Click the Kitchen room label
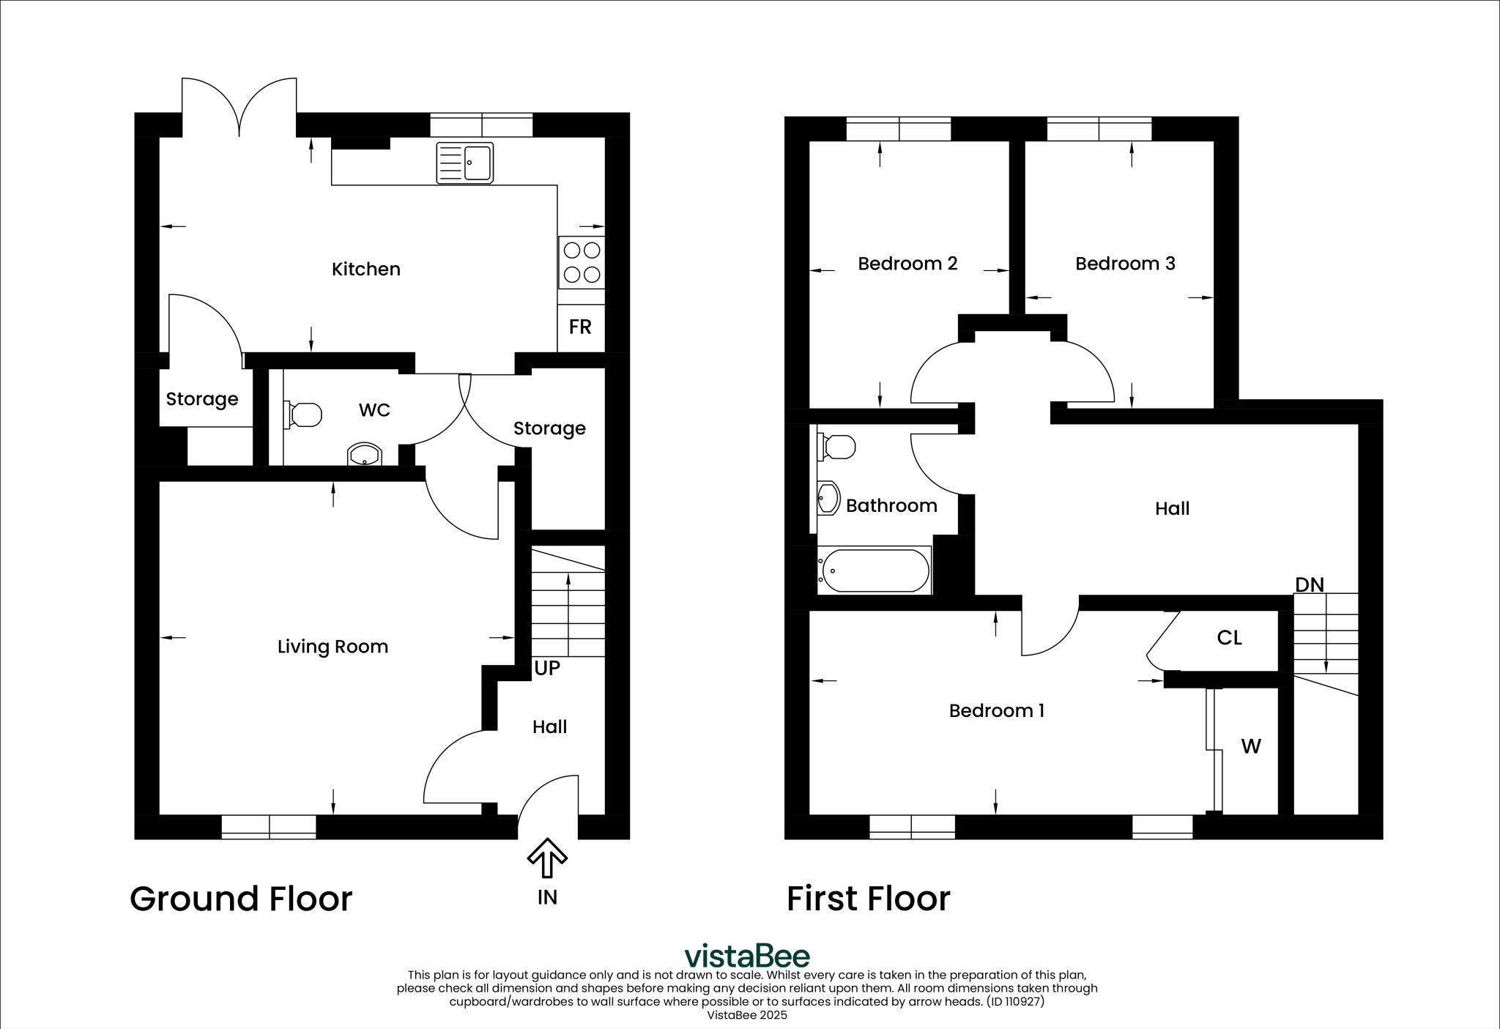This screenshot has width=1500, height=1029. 365,270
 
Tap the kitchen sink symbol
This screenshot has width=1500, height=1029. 466,162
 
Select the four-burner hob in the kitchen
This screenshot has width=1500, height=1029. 582,262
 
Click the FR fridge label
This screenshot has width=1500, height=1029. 580,327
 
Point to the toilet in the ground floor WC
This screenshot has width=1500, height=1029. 303,415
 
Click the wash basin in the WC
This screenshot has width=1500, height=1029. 364,455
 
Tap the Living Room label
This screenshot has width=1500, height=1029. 333,647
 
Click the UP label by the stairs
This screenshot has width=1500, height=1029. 547,668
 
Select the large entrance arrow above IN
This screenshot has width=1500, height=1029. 547,858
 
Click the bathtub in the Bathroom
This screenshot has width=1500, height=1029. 875,571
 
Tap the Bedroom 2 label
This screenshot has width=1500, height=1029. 907,264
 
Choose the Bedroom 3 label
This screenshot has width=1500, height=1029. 1125,264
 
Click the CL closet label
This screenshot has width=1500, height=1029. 1229,638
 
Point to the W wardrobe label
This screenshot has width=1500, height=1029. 1251,746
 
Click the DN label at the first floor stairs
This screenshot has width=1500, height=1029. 1310,584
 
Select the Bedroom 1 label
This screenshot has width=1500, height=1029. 996,710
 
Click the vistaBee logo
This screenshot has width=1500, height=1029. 747,956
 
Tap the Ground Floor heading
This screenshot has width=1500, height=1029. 241,899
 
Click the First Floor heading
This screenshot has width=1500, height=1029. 868,899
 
